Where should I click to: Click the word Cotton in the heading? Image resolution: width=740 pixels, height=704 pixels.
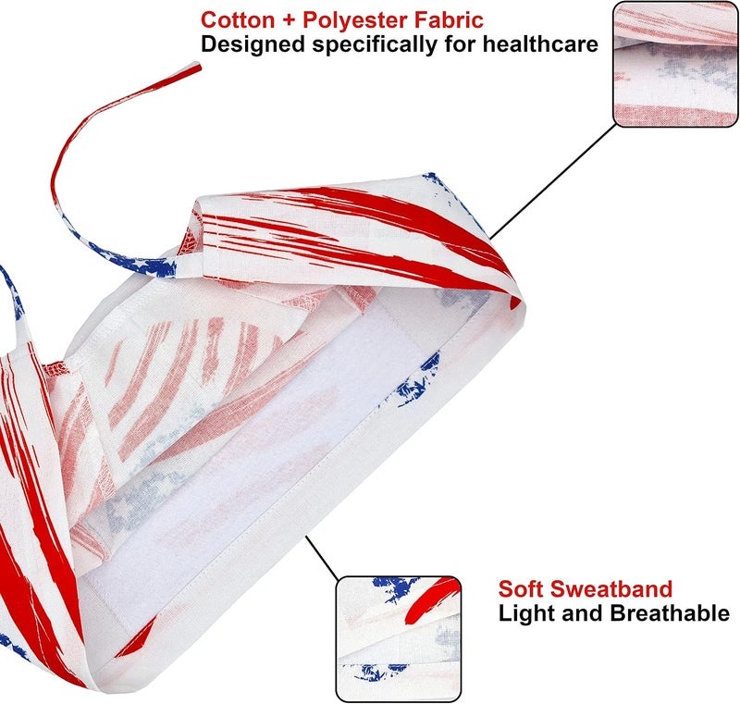pyautogui.click(x=238, y=20)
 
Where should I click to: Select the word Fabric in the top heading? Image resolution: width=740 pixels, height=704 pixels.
pyautogui.click(x=449, y=20)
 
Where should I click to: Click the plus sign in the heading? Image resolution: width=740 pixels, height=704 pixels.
pyautogui.click(x=289, y=21)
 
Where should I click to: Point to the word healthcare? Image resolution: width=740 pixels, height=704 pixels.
pyautogui.click(x=540, y=44)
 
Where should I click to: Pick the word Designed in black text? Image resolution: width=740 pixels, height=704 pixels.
pyautogui.click(x=253, y=45)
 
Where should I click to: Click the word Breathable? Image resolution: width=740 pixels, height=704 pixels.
pyautogui.click(x=670, y=613)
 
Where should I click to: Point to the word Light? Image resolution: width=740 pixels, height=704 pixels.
pyautogui.click(x=527, y=614)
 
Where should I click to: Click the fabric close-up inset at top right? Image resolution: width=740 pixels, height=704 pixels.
pyautogui.click(x=675, y=65)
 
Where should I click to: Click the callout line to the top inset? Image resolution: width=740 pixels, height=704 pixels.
pyautogui.click(x=552, y=182)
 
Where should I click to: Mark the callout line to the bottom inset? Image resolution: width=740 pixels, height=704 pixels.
pyautogui.click(x=322, y=558)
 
